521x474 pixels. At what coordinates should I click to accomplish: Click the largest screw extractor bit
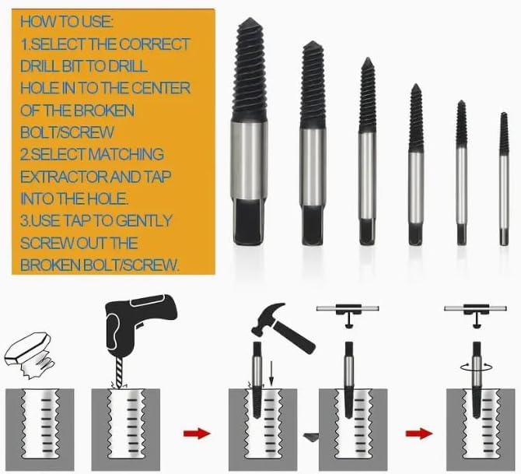[249, 132]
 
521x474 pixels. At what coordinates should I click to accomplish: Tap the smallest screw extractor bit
[504, 180]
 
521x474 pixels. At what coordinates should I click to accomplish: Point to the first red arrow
[197, 434]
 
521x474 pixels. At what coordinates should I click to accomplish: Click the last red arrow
[419, 434]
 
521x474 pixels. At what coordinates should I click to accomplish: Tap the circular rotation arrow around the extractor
[477, 367]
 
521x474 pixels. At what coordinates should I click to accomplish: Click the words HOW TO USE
[66, 22]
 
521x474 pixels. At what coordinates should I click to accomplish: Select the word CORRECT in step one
[155, 44]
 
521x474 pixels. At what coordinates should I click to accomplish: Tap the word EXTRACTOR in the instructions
[65, 177]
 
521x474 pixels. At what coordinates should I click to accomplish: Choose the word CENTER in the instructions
[160, 89]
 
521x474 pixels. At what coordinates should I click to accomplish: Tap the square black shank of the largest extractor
[249, 222]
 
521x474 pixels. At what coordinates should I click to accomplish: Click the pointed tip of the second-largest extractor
[313, 42]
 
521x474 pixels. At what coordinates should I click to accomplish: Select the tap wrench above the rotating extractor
[475, 312]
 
